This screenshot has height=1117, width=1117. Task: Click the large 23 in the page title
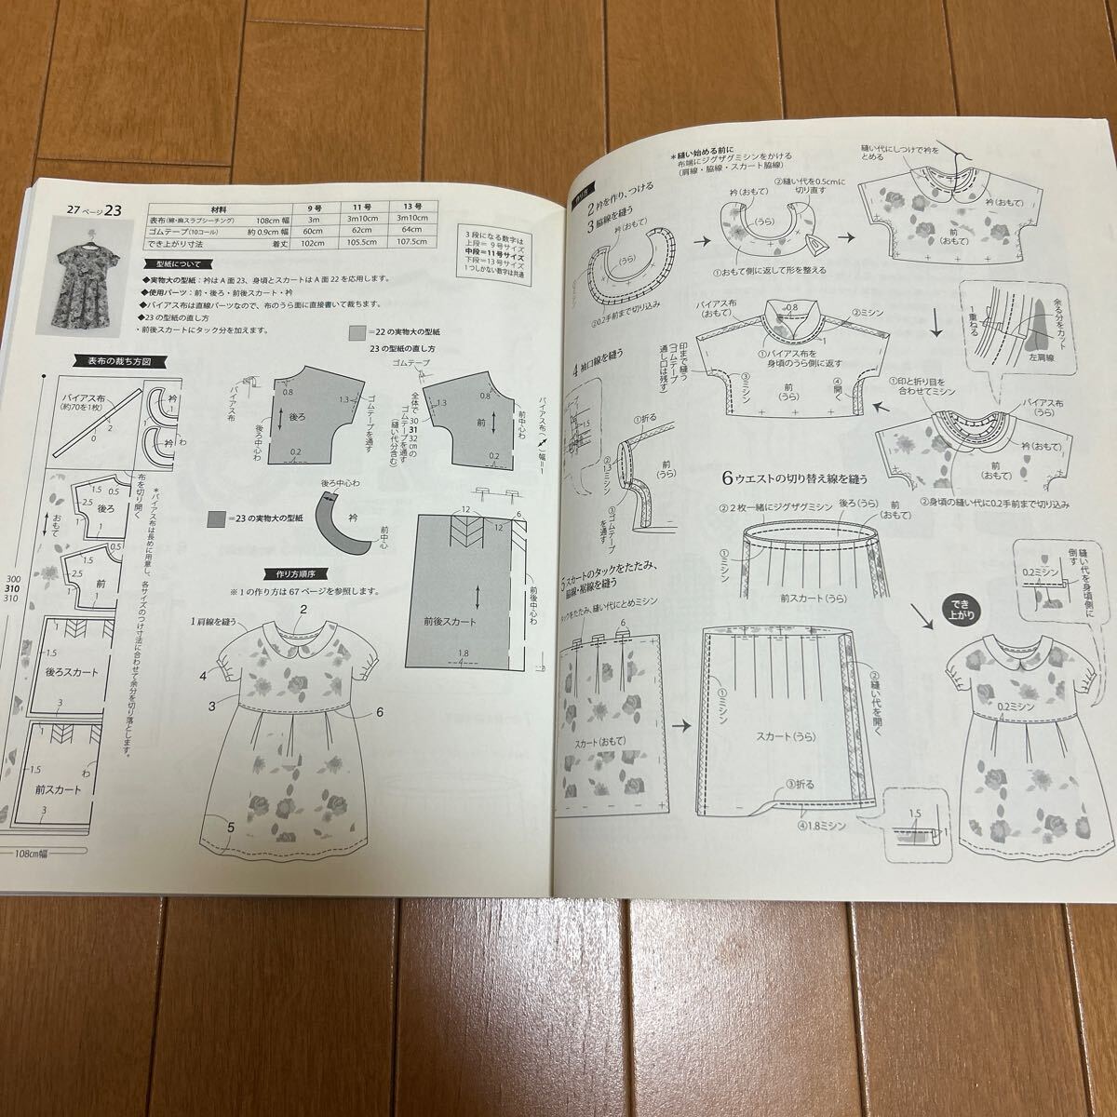click(114, 210)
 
